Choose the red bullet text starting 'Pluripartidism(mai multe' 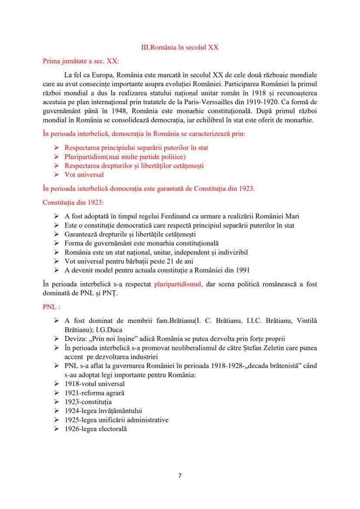(x=119, y=156)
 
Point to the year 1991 (x=255, y=270)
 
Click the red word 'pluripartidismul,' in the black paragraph (x=176, y=284)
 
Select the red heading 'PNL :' (x=51, y=306)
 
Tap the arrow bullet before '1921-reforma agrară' (x=56, y=393)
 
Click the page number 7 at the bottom (x=180, y=475)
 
